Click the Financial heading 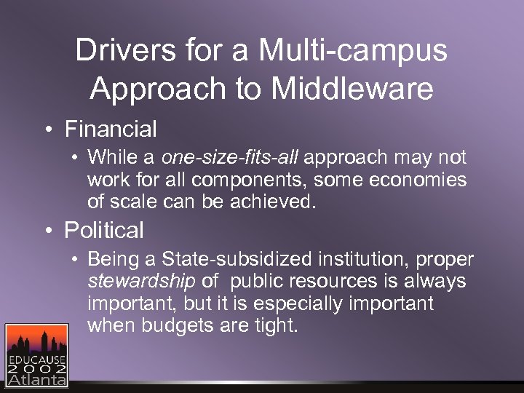(x=111, y=130)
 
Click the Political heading (x=104, y=231)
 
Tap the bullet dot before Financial (x=48, y=130)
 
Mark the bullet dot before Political (x=48, y=231)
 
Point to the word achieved (x=277, y=200)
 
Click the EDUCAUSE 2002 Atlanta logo (x=36, y=354)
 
